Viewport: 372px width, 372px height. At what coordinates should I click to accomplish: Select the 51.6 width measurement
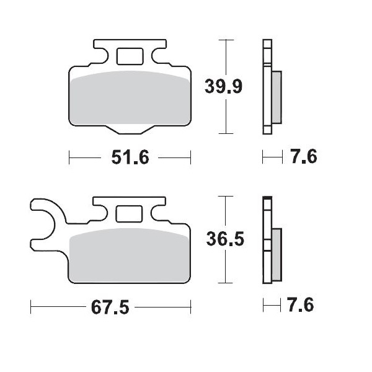(130, 157)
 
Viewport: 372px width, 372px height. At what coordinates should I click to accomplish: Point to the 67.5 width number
(112, 307)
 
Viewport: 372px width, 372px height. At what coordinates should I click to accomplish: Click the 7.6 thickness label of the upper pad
(303, 157)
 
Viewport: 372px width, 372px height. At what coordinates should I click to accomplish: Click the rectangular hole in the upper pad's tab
(129, 56)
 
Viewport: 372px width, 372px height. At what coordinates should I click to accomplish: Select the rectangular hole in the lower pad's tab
(129, 214)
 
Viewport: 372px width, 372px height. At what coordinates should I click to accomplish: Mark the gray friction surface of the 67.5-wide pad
(130, 257)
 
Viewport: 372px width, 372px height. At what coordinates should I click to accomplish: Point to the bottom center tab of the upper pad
(130, 129)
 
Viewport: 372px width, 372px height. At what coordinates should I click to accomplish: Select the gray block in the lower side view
(277, 254)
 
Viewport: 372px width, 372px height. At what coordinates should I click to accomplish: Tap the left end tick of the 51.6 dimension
(69, 157)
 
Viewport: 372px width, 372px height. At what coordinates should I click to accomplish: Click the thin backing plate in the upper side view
(267, 87)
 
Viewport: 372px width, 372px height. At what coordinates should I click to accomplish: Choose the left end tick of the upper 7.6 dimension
(263, 157)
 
